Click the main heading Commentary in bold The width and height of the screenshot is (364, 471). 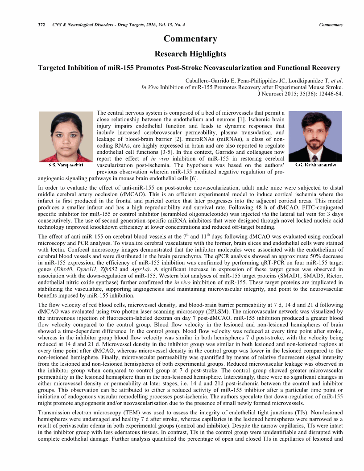click(190, 39)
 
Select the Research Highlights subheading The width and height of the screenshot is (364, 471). click(190, 54)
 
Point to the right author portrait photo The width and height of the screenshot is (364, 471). click(315, 136)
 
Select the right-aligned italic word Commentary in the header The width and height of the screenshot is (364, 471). click(331, 25)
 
